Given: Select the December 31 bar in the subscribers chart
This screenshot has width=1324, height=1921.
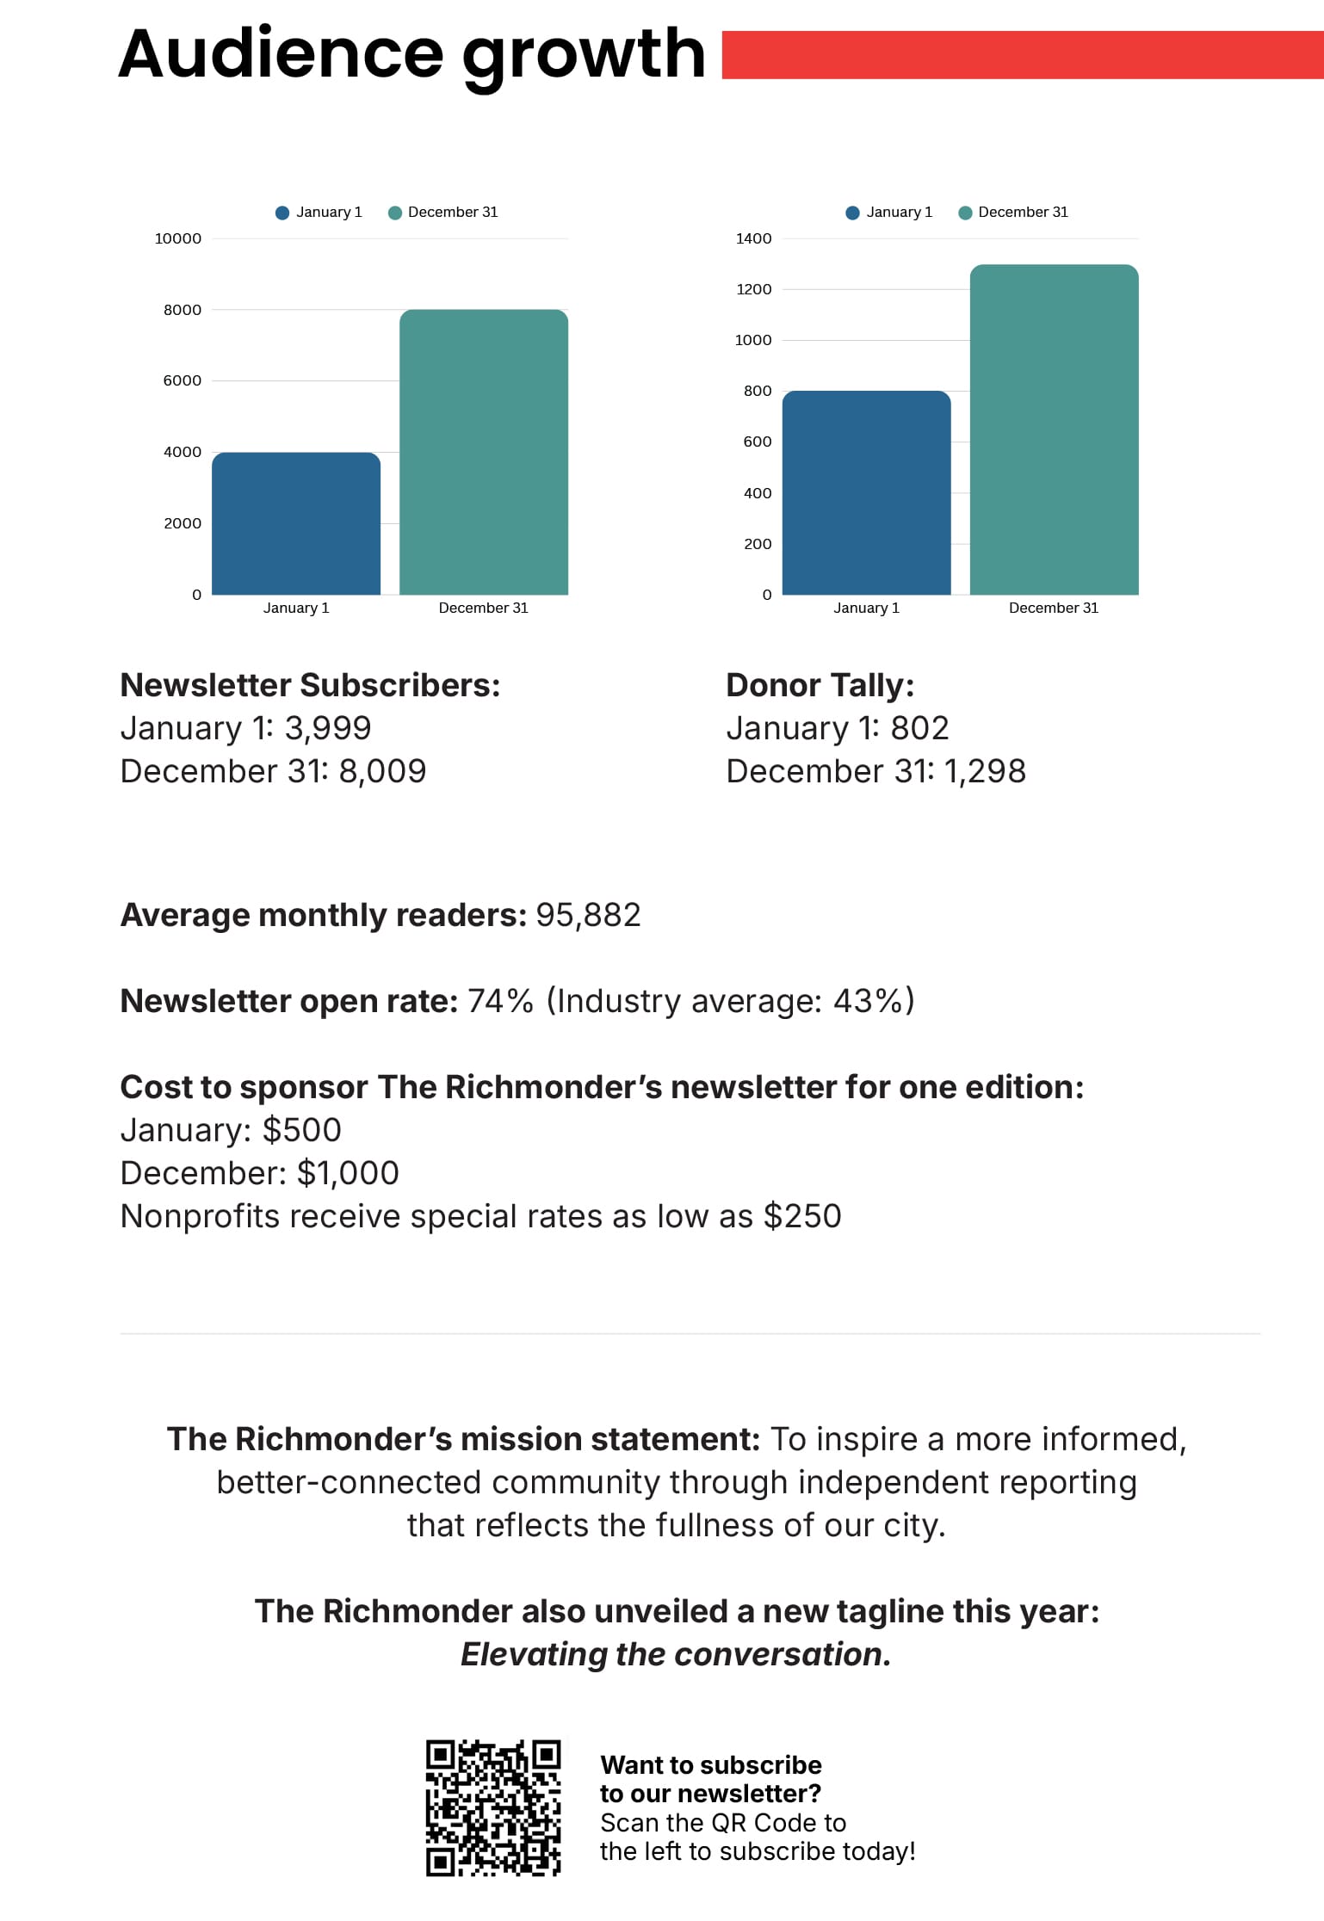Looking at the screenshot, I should coord(484,452).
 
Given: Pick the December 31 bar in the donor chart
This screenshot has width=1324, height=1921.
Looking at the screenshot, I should coord(1054,429).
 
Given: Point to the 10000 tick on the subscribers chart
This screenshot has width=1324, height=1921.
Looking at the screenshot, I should coord(178,238).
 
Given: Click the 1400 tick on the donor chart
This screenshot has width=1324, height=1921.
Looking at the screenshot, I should coord(753,238).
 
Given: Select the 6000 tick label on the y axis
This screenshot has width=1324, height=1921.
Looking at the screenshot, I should coord(183,380).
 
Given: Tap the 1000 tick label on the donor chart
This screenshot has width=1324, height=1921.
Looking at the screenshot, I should coord(753,340).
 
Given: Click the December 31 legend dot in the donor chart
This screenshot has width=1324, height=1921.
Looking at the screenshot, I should coord(965,213).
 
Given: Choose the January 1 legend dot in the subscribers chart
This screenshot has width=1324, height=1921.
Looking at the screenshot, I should coord(282,213).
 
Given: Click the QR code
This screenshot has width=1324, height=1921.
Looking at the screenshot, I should coord(493,1807).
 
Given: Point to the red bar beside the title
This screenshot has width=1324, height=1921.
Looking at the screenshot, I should coord(1022,55).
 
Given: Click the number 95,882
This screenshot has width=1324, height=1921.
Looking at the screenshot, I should coord(588,915).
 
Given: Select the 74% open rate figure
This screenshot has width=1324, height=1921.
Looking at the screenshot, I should coord(500,1001).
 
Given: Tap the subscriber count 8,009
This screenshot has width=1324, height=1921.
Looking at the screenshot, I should coord(382,771).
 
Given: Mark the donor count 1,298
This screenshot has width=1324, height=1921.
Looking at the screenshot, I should coord(985,771).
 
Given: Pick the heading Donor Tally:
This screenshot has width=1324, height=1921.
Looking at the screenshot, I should coord(820,685).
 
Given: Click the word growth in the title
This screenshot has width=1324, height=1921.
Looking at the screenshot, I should coord(584,55).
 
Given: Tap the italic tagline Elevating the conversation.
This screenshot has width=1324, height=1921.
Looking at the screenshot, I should coord(676,1654).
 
